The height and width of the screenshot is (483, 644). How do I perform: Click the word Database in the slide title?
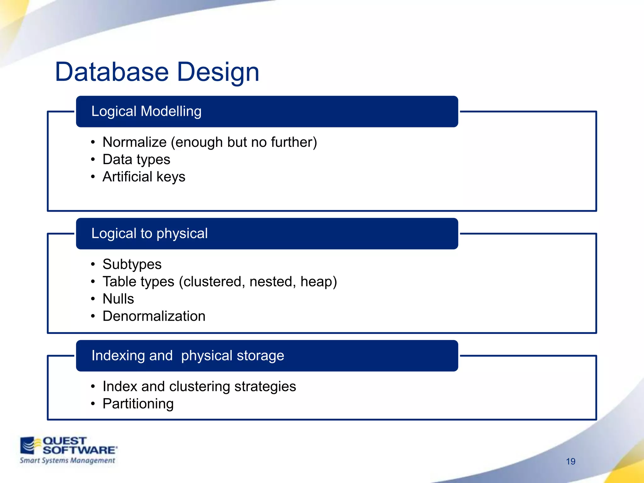112,72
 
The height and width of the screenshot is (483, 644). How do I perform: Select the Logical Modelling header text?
146,111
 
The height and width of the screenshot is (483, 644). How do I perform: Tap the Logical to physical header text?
149,234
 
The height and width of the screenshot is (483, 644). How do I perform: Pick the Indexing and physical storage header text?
188,356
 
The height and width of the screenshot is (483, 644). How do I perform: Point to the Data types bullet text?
136,159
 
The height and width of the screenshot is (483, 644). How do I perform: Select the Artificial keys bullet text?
144,177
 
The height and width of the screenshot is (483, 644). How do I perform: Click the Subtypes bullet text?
132,264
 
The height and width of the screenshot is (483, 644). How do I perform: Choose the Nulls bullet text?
118,299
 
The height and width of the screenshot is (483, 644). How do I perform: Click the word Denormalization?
154,316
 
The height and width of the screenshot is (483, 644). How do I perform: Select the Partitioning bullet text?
138,404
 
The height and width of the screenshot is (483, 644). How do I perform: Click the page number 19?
570,461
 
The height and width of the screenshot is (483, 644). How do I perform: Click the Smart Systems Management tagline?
67,461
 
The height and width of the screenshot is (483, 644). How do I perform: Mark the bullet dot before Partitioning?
93,404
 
